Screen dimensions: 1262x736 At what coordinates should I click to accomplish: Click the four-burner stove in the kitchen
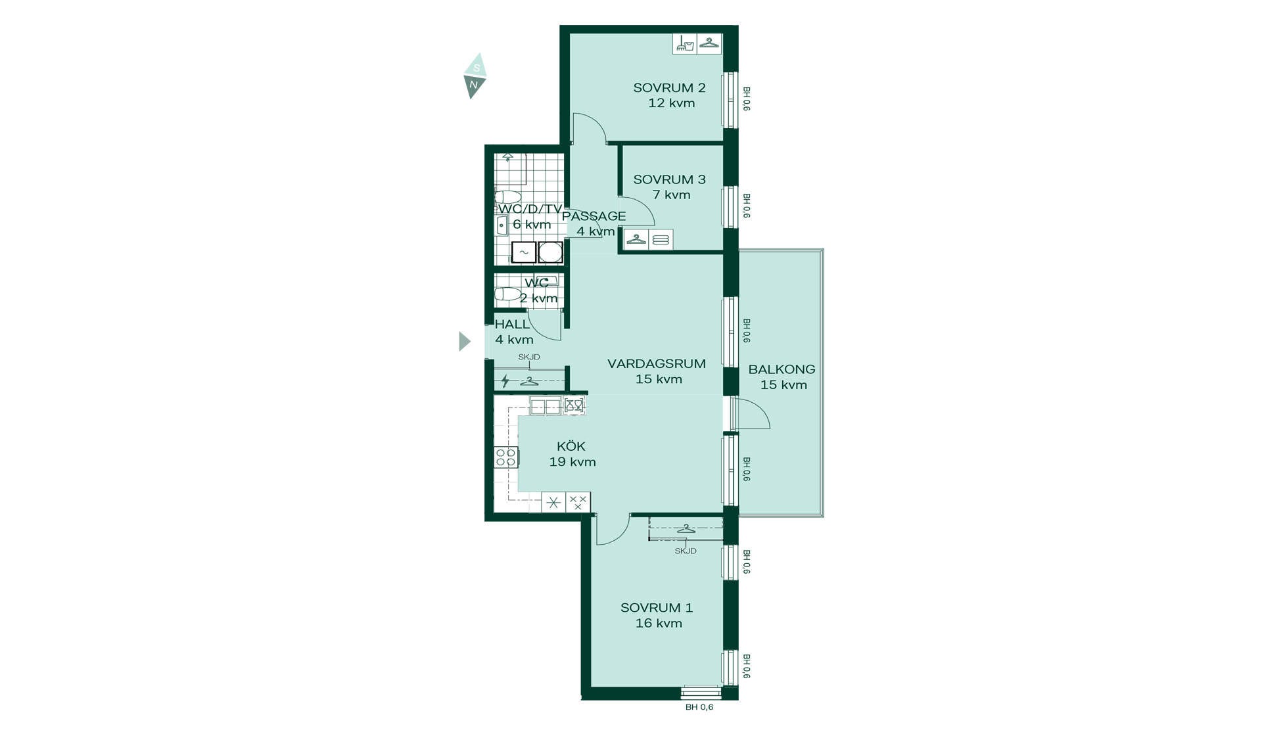pos(506,457)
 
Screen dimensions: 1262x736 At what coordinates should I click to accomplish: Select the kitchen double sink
pos(546,406)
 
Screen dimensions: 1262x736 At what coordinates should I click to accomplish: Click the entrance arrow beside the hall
pos(464,341)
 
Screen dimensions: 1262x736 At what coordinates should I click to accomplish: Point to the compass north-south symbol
pos(475,76)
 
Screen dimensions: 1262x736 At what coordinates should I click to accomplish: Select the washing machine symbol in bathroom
pos(524,252)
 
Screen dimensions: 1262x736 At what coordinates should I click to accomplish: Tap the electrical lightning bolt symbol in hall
pos(505,380)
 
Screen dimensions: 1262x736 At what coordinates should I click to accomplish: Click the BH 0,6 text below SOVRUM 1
pos(699,707)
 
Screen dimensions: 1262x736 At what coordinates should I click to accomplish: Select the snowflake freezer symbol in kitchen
pos(553,503)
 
